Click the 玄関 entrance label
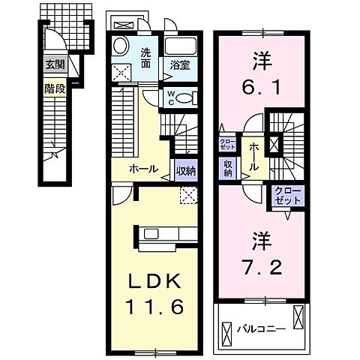click(x=55, y=64)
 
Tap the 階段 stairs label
click(x=54, y=87)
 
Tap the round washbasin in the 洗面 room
click(x=121, y=47)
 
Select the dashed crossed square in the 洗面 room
click(x=120, y=73)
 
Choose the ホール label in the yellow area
click(x=142, y=169)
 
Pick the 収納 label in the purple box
click(x=227, y=168)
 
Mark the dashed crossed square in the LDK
click(x=188, y=196)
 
